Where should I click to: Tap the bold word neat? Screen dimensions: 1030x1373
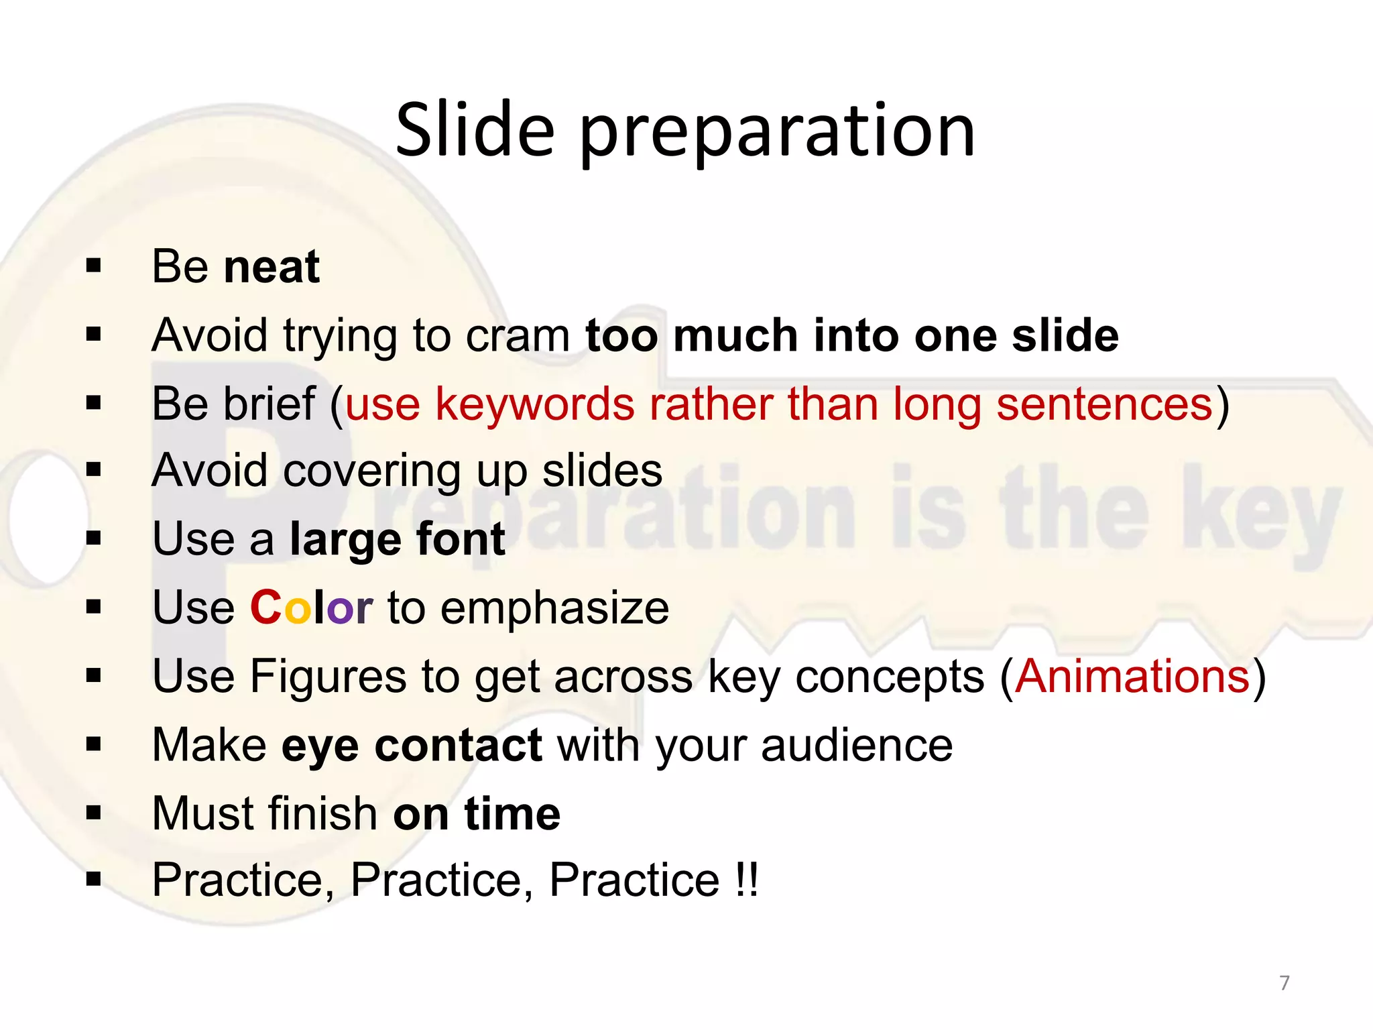[x=272, y=267]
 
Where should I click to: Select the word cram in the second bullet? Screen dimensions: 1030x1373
[x=517, y=335]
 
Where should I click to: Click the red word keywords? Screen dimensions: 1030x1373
[x=534, y=404]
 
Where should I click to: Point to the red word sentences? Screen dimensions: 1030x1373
[x=1104, y=404]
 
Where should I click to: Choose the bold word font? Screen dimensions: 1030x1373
[x=460, y=539]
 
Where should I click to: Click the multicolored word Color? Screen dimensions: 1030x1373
[x=311, y=608]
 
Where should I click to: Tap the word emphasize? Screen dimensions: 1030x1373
[x=554, y=608]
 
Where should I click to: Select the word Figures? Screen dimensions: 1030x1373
[x=328, y=677]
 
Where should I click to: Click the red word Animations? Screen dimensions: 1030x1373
[x=1132, y=677]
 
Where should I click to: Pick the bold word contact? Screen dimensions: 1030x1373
[x=458, y=745]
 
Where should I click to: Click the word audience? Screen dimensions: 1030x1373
[x=857, y=745]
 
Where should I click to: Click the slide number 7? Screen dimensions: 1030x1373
[x=1284, y=983]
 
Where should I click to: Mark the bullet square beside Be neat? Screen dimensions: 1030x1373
[x=94, y=266]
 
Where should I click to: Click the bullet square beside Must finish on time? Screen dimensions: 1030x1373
[x=94, y=813]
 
